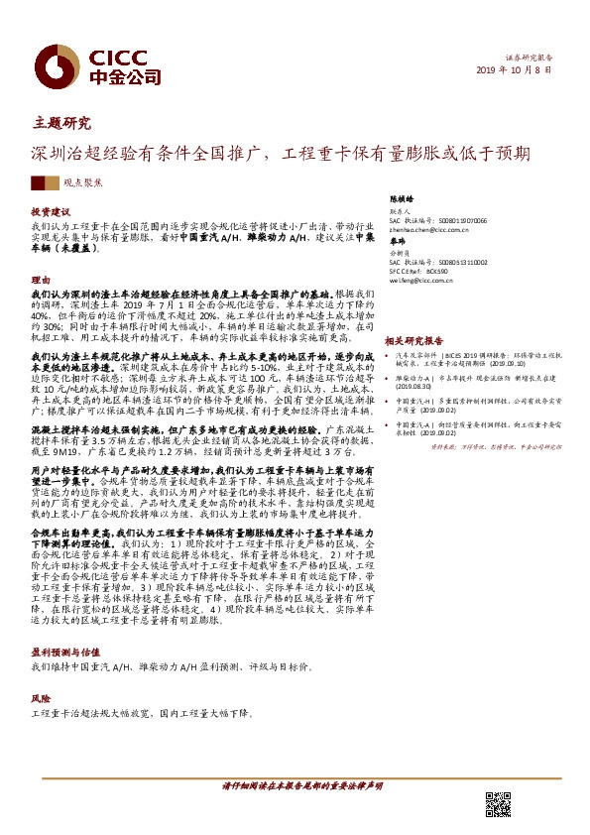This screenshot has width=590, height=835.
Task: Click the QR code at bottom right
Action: [x=498, y=804]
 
